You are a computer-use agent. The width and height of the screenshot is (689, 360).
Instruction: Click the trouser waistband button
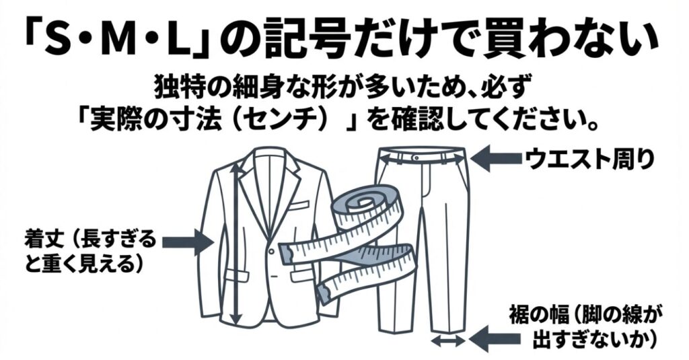point(417,157)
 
